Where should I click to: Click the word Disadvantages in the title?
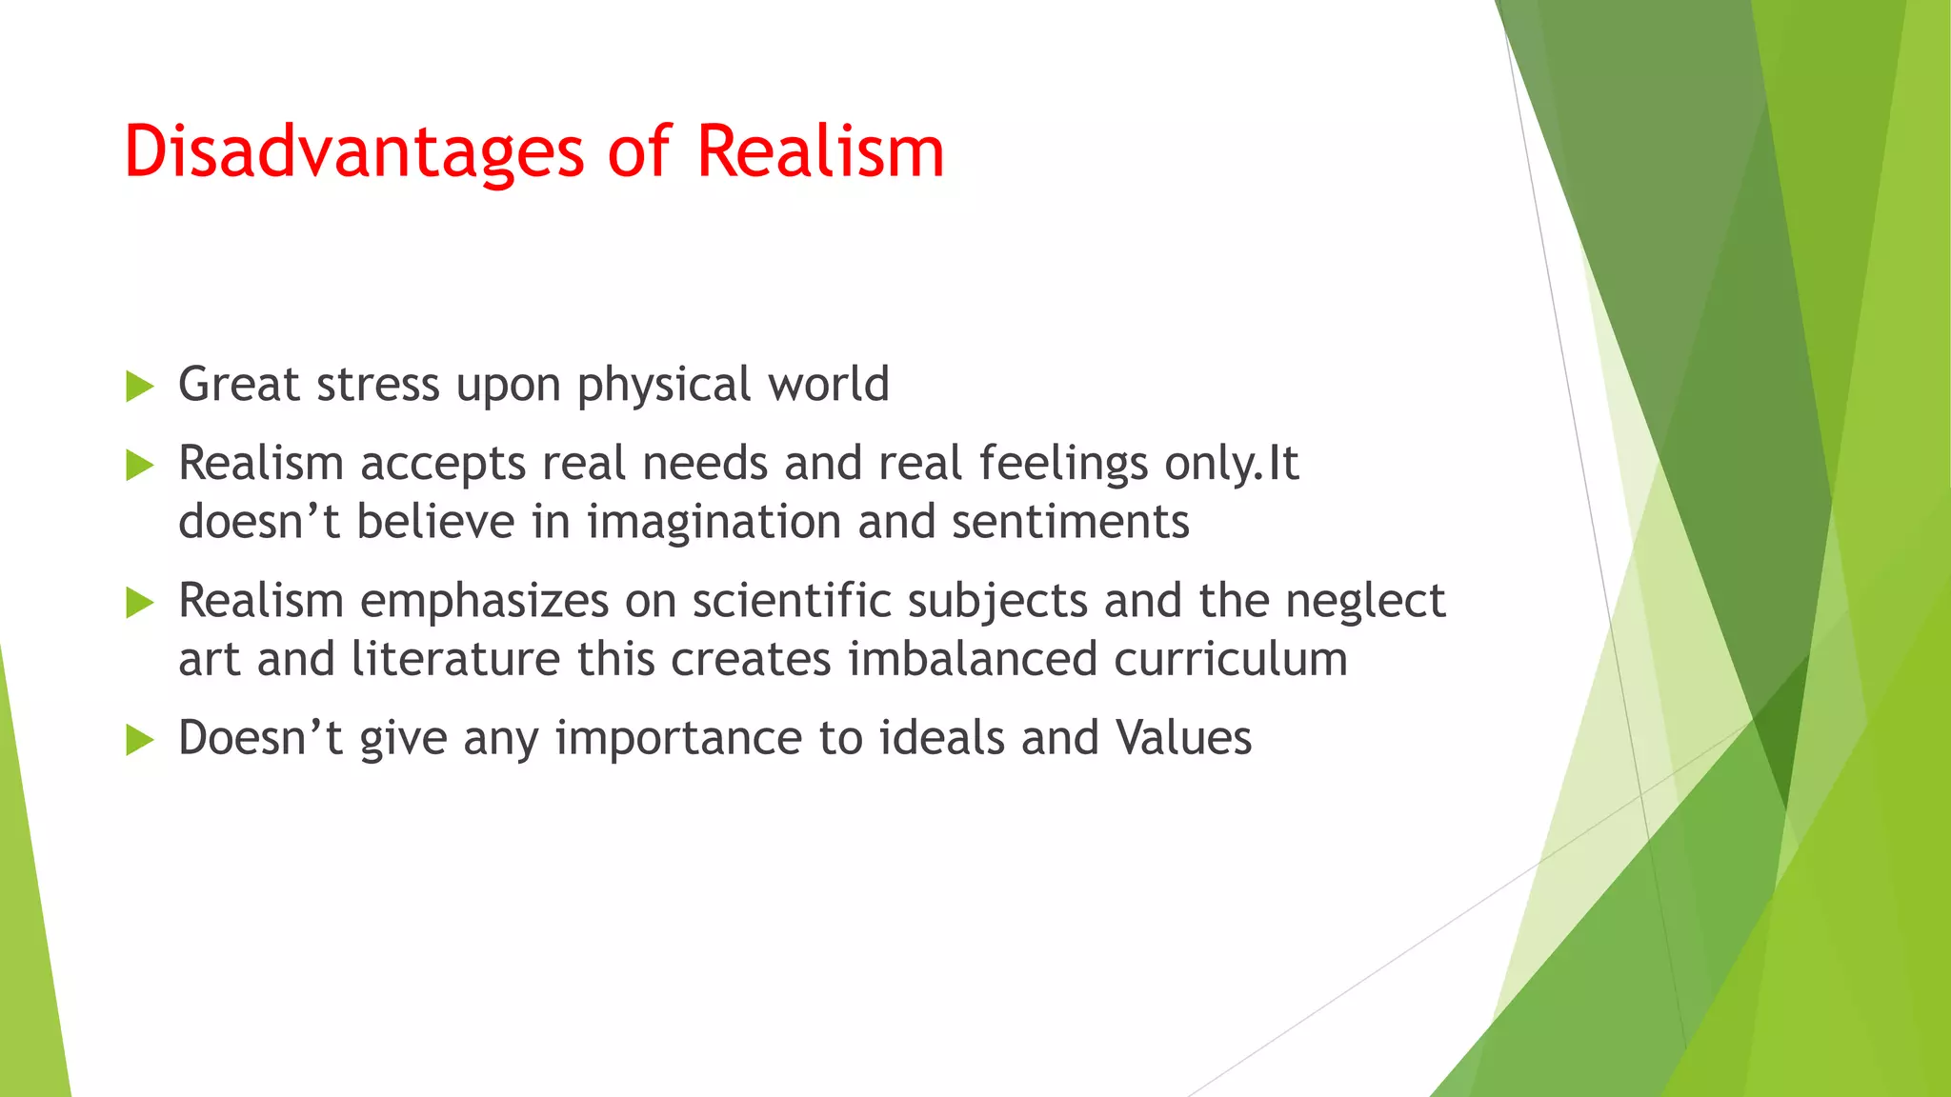point(353,152)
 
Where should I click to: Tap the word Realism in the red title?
point(820,152)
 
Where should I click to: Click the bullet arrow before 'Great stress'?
point(139,387)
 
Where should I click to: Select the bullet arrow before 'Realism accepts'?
point(139,466)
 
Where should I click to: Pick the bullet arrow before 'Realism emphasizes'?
point(139,603)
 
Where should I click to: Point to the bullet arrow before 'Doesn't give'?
point(139,740)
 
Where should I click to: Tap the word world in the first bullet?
point(829,384)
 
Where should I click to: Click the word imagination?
point(714,523)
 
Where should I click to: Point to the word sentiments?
point(1070,523)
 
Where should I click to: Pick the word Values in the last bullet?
point(1183,738)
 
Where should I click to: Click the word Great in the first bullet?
point(239,384)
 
